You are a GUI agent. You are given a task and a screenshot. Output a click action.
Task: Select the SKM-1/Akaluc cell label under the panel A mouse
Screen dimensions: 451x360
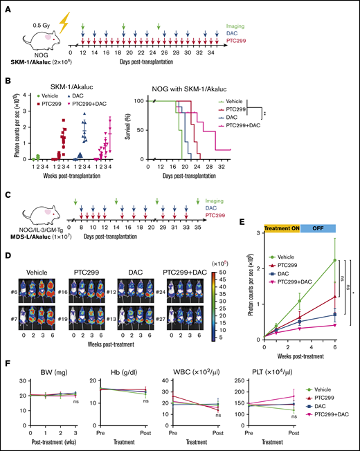(x=33, y=56)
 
